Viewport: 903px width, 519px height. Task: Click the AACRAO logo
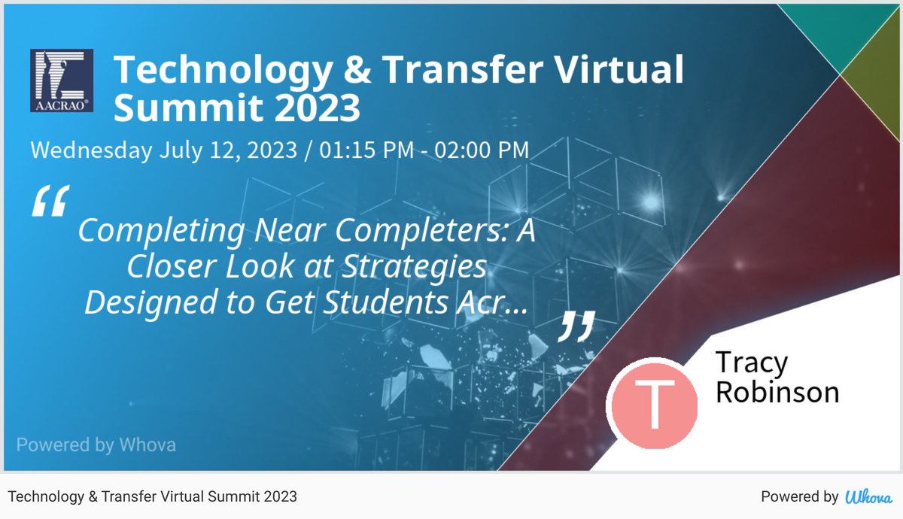click(62, 80)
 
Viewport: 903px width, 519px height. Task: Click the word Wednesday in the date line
click(91, 150)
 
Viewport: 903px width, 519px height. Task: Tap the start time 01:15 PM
click(366, 150)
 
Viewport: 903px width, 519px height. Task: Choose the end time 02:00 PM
click(482, 150)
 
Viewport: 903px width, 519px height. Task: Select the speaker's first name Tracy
click(751, 363)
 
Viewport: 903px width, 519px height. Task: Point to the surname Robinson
click(777, 392)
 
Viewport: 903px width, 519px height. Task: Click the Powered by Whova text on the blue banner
click(96, 445)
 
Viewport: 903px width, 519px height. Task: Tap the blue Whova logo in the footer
click(869, 496)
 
